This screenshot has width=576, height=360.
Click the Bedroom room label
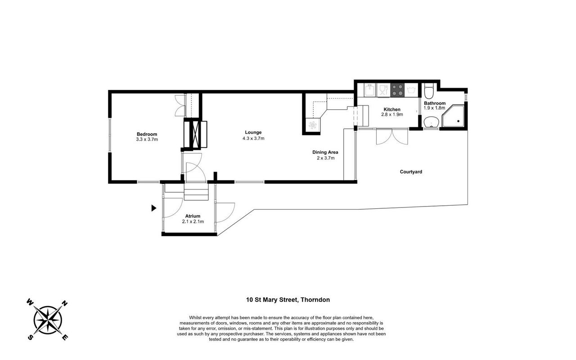147,134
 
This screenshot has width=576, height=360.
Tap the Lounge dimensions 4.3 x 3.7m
253,138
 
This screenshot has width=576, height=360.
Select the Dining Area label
325,152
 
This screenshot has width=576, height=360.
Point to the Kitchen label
392,109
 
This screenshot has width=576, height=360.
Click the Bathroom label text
435,103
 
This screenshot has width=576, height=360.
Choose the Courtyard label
411,172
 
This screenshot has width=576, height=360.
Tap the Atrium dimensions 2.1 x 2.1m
193,221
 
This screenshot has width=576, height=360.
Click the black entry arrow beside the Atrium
154,208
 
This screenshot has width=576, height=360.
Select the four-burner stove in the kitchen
397,90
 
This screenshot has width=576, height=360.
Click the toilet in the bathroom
429,91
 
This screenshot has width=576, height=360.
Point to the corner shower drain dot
458,121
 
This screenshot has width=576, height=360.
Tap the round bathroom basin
431,122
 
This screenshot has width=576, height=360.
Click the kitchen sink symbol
370,90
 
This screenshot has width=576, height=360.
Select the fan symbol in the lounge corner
313,125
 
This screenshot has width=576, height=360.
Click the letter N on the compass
65,304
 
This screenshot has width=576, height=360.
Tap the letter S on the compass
30,337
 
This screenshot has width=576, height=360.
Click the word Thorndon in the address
315,300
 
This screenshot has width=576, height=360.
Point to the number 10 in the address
249,300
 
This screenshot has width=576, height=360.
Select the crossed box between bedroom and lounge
195,134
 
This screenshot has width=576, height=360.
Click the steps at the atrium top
196,192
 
